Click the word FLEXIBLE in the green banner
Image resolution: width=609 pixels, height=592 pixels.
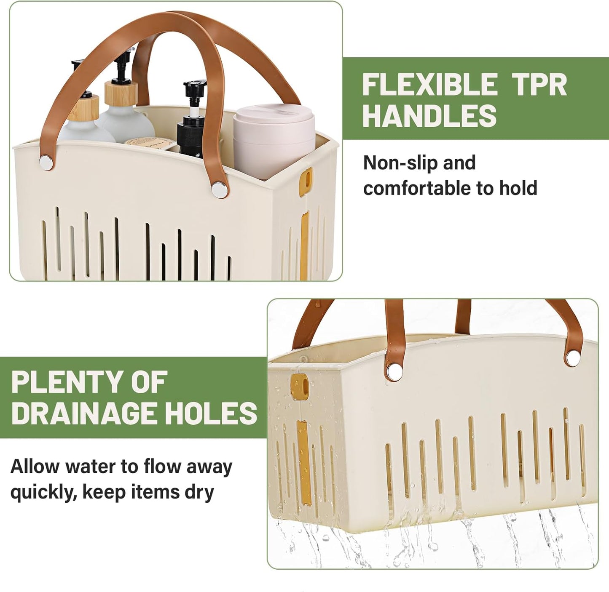pyautogui.click(x=429, y=85)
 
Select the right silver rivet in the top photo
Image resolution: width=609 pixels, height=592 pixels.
pyautogui.click(x=218, y=189)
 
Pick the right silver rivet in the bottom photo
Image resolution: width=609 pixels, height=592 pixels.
pyautogui.click(x=573, y=357)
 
